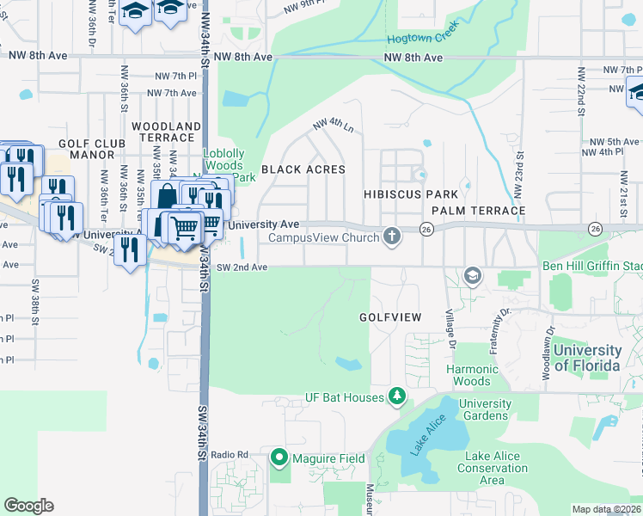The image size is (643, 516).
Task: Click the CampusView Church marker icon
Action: tap(393, 236)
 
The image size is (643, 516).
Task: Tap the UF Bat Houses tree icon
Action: tap(396, 396)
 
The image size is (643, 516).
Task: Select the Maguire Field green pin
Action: tap(279, 458)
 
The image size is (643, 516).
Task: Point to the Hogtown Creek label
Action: tap(423, 38)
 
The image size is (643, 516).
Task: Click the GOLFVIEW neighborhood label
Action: tap(390, 317)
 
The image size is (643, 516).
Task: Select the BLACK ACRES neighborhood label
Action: tap(303, 169)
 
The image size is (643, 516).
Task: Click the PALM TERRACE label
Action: tap(478, 211)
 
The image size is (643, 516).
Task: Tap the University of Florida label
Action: tap(587, 358)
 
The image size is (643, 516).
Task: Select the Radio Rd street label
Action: tap(230, 454)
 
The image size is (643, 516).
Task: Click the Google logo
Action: tap(28, 506)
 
